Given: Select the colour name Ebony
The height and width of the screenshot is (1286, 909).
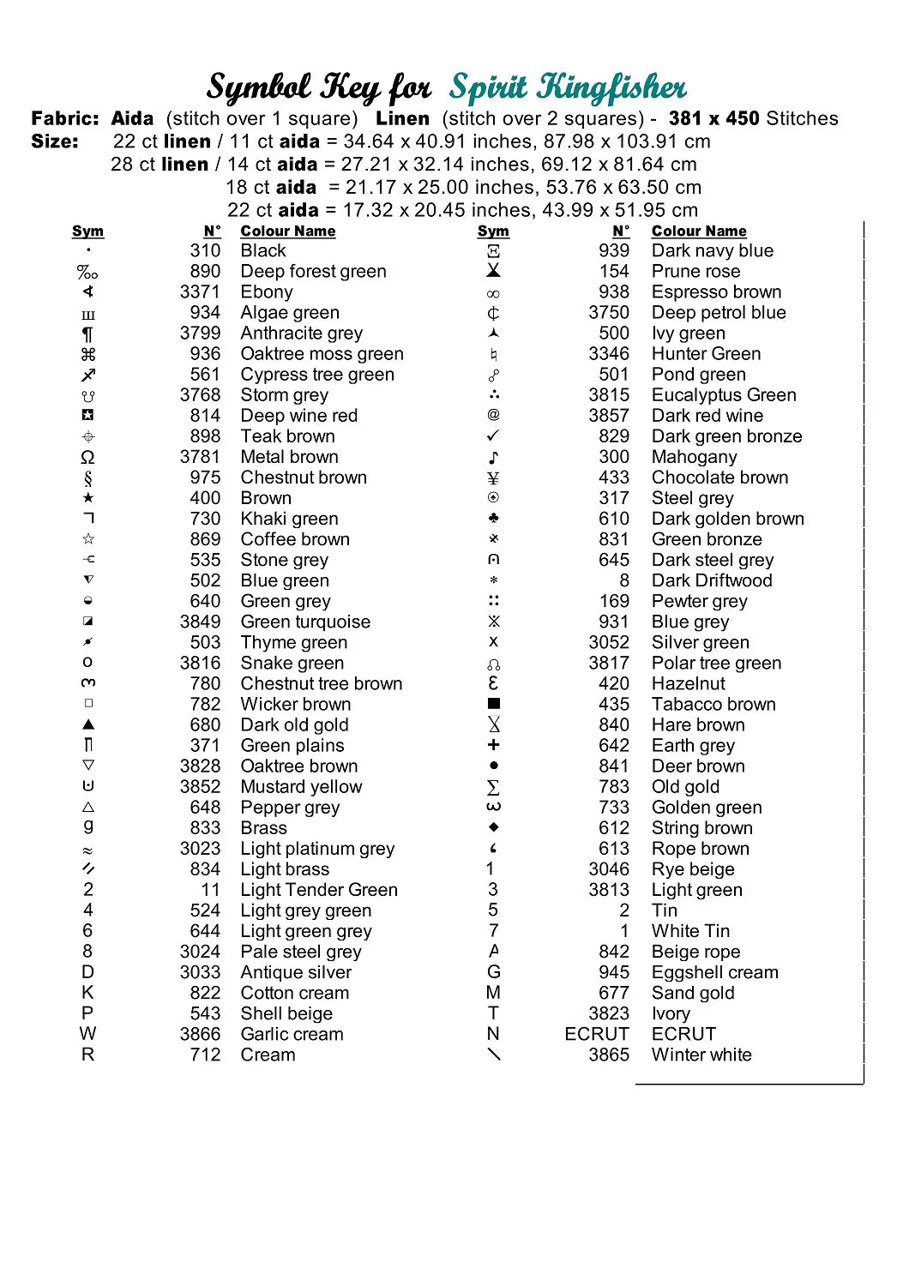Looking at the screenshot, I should pos(267,292).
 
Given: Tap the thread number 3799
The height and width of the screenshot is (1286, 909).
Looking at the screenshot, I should pos(200,334).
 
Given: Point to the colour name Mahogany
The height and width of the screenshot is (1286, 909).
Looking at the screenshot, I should pos(694,457).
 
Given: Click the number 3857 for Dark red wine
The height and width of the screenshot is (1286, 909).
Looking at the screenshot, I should pos(609,416).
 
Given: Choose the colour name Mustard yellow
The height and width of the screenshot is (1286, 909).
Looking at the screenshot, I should pos(301,787).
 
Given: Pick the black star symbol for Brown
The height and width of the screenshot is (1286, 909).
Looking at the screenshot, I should pos(88,498).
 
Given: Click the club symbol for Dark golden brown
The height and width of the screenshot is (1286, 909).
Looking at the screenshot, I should pos(493,519).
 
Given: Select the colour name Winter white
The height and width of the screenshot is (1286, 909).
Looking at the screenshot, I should pos(701,1055).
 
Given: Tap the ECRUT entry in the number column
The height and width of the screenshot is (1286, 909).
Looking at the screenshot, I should pos(597,1035).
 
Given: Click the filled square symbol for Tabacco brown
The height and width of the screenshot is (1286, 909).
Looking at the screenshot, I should pos(493,704).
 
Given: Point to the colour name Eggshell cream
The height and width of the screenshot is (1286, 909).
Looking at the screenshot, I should pos(715,973).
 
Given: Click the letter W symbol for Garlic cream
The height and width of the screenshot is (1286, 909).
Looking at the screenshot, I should pos(88,1034).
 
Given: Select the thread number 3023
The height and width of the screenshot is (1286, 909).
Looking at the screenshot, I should pos(200,849).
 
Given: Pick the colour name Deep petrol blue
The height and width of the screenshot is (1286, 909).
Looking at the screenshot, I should pos(719,313).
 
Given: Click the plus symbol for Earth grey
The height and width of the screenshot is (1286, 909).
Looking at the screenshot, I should pos(493,745).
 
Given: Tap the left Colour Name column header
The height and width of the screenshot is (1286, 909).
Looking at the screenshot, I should pos(288,231).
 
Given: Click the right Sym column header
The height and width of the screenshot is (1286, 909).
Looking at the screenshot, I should pos(493,231).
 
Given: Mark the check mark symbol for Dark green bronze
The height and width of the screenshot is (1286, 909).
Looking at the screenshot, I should pos(493,436).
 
